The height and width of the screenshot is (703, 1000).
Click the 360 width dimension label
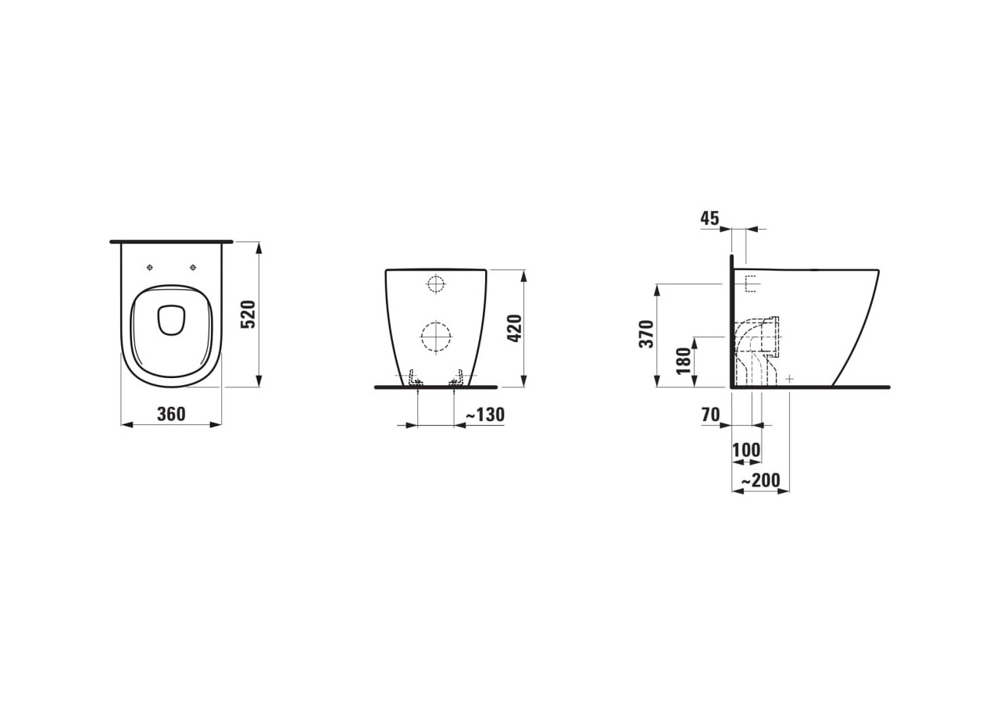click(171, 414)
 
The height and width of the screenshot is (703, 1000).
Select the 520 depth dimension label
click(248, 314)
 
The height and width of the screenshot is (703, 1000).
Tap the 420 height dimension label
click(514, 328)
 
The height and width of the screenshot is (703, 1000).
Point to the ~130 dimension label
click(484, 415)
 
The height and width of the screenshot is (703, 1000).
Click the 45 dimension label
click(709, 219)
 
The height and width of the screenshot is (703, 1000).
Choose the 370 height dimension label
click(647, 334)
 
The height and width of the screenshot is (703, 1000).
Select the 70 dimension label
click(710, 415)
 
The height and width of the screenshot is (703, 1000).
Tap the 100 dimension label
click(746, 451)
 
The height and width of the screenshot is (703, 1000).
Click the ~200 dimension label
click(760, 480)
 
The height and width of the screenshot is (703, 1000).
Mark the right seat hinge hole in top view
click(192, 268)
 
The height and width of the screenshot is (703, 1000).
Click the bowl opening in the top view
click(171, 319)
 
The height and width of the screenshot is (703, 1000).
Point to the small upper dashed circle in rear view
click(436, 284)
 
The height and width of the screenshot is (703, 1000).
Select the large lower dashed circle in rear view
click(436, 337)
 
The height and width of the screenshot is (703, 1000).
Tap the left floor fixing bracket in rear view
click(416, 378)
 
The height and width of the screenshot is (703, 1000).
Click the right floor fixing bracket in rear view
click(456, 378)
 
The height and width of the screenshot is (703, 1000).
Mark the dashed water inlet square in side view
click(752, 284)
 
